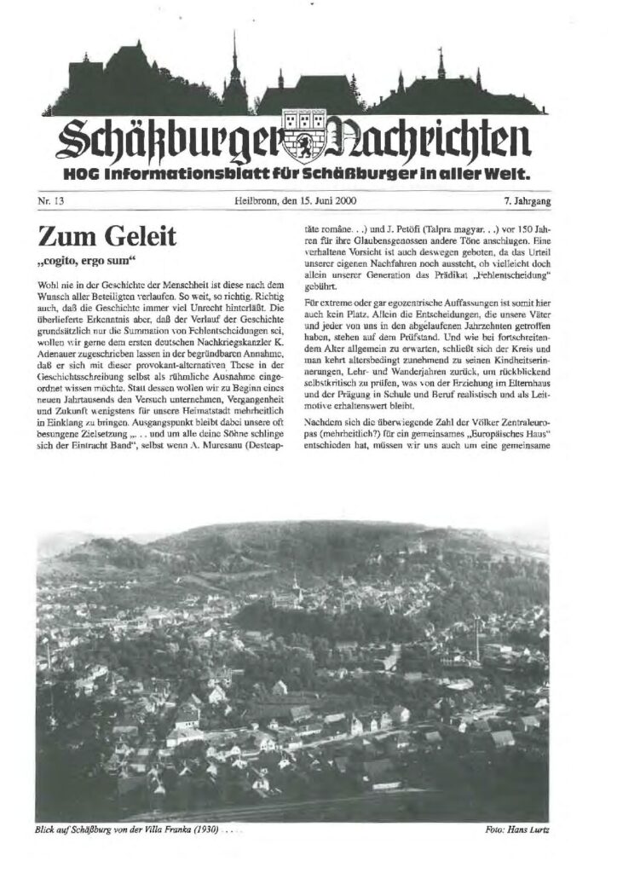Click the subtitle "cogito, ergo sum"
85,258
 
